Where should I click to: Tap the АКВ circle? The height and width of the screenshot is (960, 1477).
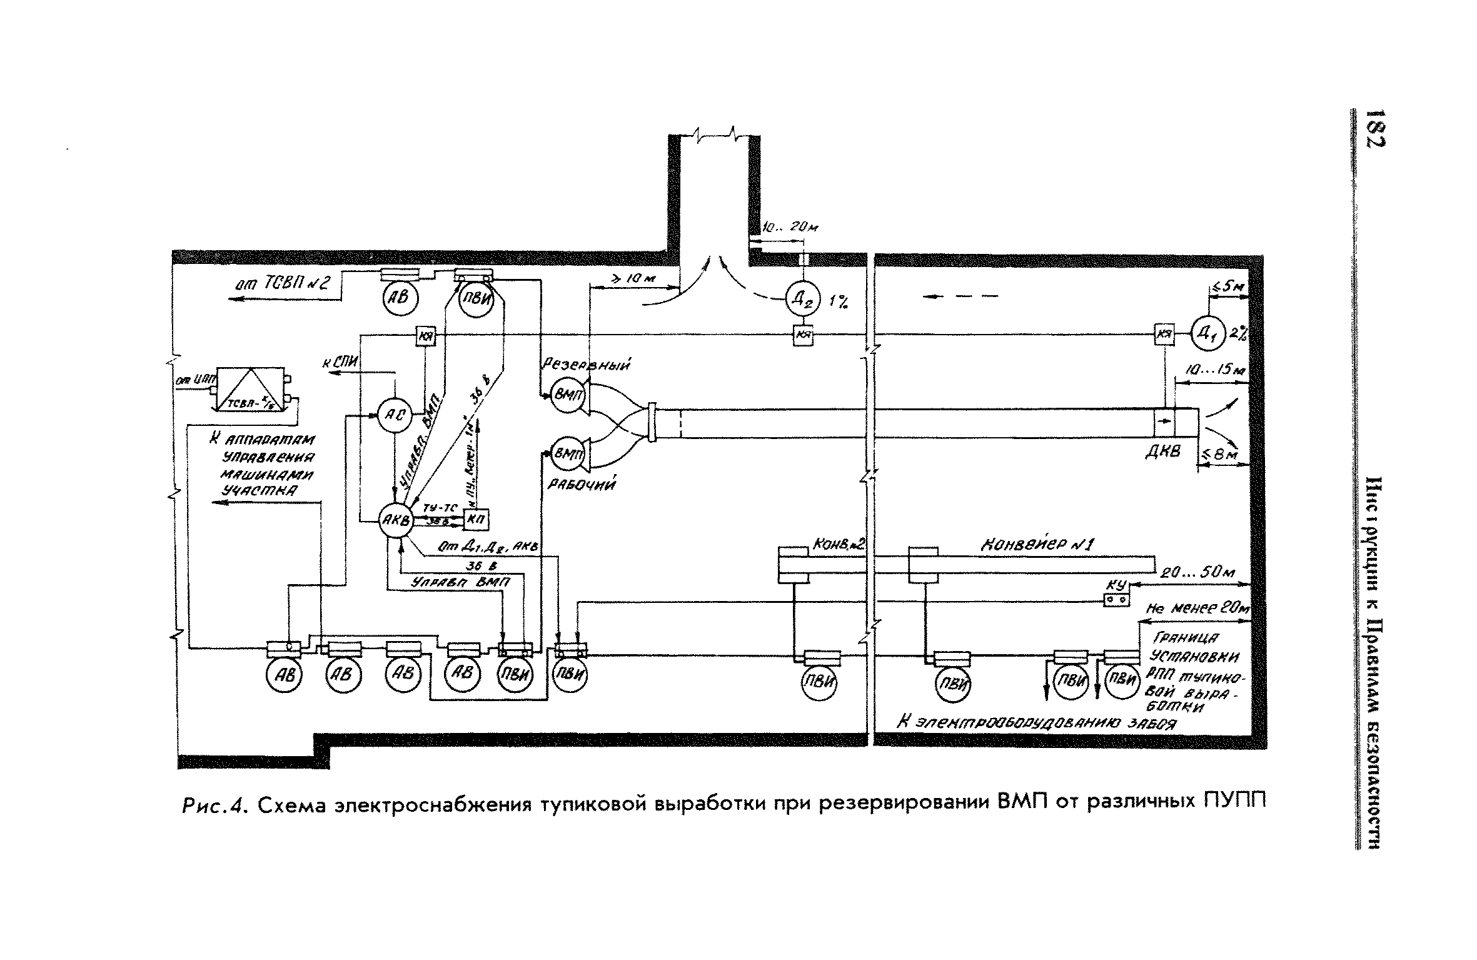click(395, 520)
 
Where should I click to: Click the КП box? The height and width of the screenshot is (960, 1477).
click(476, 520)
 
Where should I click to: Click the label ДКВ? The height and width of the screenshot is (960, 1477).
click(1162, 451)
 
